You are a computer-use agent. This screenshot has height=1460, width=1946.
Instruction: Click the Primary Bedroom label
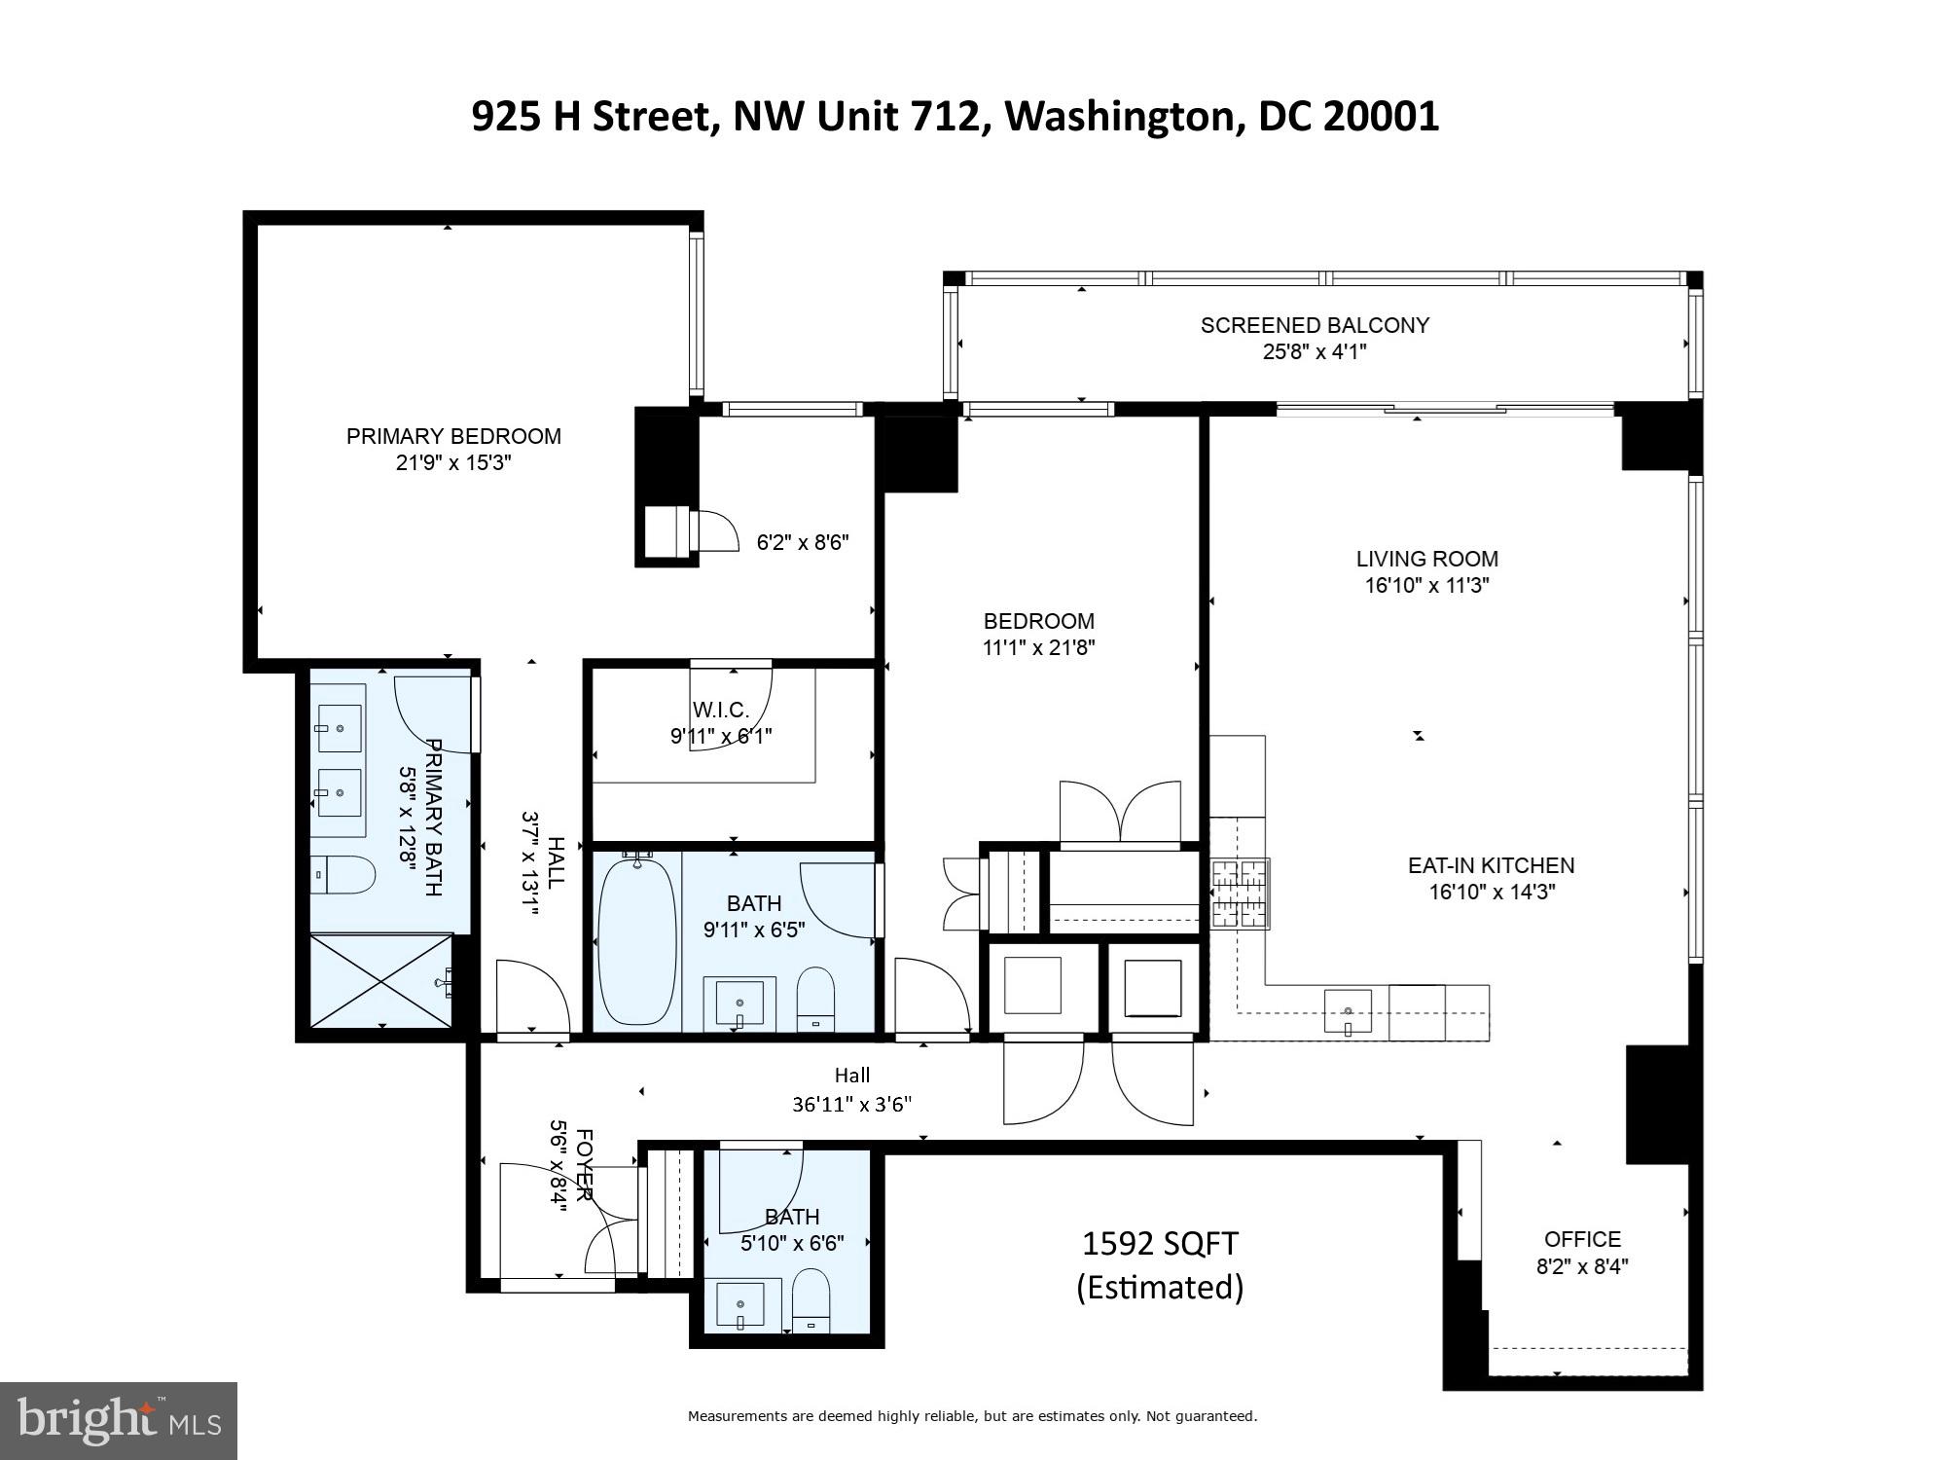pos(453,436)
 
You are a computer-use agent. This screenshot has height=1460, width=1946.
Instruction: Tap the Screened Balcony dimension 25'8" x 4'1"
pos(1315,351)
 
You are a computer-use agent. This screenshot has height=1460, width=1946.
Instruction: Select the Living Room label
pos(1427,559)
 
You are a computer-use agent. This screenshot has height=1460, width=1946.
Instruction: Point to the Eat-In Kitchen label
pos(1492,865)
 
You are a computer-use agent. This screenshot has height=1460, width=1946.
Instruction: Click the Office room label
pos(1583,1239)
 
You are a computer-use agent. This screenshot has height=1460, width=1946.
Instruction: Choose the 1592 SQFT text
pos(1160,1244)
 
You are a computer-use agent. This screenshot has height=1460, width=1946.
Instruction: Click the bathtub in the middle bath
pos(637,939)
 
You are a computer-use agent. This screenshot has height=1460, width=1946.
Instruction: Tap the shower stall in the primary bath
pos(381,980)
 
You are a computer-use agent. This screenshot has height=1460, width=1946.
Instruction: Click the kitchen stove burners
pos(1240,894)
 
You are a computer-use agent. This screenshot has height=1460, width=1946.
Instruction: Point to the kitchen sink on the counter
pos(1348,1010)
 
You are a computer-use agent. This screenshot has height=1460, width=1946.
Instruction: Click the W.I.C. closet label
pos(721,711)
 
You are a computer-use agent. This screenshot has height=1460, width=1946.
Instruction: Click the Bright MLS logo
pos(119,1421)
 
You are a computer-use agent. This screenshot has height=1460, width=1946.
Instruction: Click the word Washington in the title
pos(1119,117)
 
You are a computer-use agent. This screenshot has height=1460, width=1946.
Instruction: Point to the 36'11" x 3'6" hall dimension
pos(852,1104)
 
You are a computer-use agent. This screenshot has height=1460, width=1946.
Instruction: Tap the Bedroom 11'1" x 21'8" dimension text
pos(1039,647)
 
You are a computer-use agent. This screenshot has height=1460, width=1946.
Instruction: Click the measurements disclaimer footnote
pos(972,1416)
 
